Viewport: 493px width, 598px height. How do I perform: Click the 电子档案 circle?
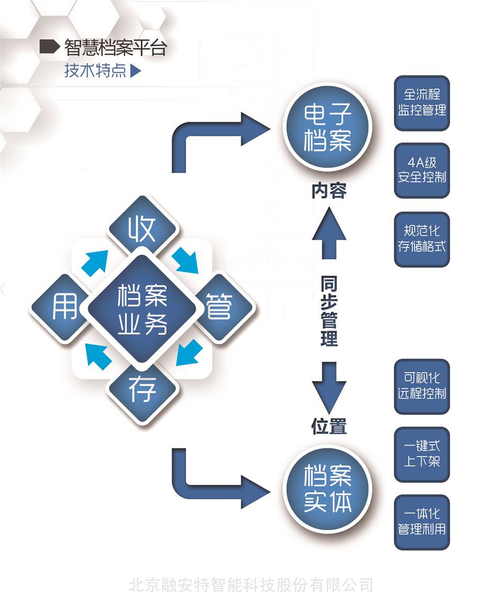point(328,126)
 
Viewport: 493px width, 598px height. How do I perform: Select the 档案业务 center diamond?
point(142,309)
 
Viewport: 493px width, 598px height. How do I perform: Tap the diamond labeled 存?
point(142,390)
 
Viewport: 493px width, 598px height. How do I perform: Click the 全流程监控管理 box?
point(421,103)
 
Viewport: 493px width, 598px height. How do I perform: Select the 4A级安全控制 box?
point(421,170)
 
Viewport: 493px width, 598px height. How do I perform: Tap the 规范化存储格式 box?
point(421,239)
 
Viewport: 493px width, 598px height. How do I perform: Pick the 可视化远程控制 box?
point(421,386)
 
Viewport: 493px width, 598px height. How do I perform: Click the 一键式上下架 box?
point(421,454)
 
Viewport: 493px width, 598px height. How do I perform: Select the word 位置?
point(329,426)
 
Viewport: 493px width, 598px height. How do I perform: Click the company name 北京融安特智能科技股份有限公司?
point(250,585)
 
